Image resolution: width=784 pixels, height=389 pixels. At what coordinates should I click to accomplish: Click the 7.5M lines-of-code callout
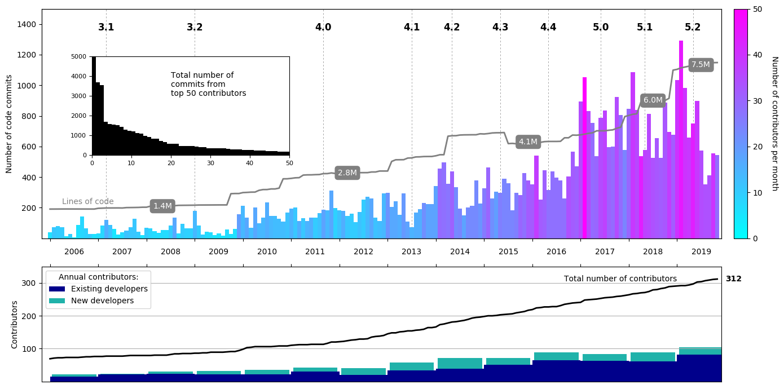(x=701, y=65)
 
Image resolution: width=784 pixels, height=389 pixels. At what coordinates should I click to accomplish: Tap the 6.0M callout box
(x=653, y=100)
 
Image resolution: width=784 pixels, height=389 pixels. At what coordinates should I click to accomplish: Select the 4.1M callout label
(x=528, y=142)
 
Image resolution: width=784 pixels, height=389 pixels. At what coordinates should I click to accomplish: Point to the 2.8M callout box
(x=347, y=173)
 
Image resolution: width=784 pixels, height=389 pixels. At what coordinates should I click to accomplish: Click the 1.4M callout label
(x=162, y=206)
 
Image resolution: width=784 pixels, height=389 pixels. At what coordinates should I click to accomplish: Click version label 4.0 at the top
(x=323, y=27)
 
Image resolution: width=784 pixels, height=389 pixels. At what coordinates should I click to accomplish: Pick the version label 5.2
(x=693, y=27)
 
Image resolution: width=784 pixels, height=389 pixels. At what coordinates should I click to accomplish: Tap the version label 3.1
(x=106, y=27)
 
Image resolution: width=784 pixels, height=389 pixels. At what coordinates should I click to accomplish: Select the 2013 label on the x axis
(x=412, y=251)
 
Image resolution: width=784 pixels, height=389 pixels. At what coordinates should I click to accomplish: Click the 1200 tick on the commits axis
(x=28, y=55)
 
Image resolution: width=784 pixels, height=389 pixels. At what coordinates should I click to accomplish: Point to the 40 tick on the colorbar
(x=757, y=55)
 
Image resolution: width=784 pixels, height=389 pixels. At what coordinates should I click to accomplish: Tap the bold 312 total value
(x=733, y=279)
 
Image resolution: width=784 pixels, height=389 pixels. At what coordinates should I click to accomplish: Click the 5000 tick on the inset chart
(x=80, y=57)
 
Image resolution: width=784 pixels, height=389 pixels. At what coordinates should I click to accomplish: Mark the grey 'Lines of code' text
(x=88, y=201)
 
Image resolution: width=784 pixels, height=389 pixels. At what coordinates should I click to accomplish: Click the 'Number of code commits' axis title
(x=9, y=124)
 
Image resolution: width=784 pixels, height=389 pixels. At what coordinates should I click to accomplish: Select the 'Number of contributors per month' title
(x=774, y=123)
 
